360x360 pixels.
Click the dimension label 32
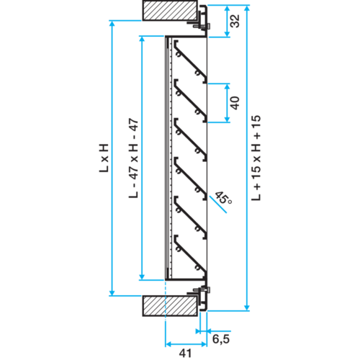235,21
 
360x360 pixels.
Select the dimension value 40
235,103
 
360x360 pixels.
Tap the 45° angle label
223,198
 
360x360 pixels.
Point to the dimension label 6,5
221,339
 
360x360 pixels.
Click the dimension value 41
186,354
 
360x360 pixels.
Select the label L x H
104,158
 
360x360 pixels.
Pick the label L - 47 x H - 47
134,158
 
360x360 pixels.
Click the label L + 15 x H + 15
256,158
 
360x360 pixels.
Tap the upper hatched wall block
171,10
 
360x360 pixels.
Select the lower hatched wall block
171,306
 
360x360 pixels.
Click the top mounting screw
203,26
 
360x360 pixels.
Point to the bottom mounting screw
203,290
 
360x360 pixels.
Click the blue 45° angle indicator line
218,204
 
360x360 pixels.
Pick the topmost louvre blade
191,62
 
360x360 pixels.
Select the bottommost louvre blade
191,256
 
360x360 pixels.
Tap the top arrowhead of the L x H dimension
112,24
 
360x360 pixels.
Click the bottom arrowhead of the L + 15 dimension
247,307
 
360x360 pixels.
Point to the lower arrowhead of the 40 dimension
227,120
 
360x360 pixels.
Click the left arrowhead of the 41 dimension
168,344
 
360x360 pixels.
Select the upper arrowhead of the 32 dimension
227,8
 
